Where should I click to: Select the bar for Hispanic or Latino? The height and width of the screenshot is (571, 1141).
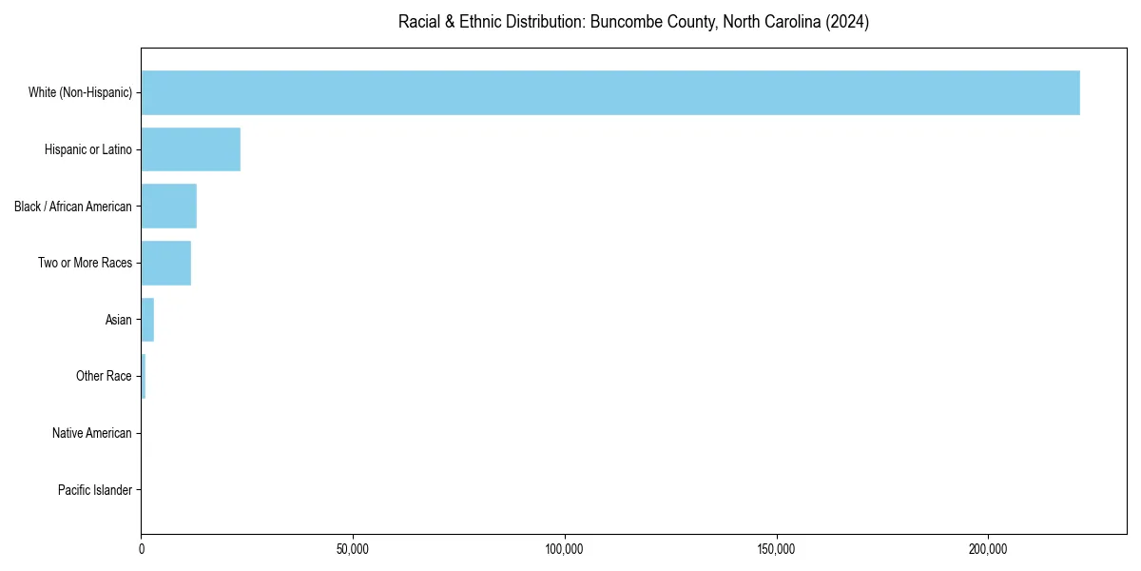[190, 149]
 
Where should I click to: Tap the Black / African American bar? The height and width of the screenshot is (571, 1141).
[168, 207]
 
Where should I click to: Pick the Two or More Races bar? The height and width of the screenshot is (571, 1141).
[165, 263]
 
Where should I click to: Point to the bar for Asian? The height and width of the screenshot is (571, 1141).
[147, 320]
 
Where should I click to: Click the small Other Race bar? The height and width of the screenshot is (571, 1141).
[144, 376]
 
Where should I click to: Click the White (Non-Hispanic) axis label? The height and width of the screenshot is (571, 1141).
[80, 92]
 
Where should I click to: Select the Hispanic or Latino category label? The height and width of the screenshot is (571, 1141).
[88, 149]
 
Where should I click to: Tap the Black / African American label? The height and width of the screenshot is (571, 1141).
[73, 207]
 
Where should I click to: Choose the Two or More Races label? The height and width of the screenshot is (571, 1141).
[86, 263]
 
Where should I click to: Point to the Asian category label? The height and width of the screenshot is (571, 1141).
[119, 320]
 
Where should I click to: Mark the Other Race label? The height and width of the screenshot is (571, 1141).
[104, 376]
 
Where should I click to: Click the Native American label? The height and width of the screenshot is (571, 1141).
[92, 433]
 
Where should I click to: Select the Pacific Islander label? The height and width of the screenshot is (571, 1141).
[95, 490]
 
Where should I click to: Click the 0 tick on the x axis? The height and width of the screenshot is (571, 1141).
[142, 549]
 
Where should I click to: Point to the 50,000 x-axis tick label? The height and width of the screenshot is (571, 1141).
[353, 549]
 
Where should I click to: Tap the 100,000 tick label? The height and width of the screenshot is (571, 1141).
[565, 549]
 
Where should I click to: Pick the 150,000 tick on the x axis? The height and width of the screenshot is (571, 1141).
[777, 549]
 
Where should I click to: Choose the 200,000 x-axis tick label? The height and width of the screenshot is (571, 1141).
[988, 549]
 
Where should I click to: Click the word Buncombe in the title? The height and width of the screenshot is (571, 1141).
[623, 22]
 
